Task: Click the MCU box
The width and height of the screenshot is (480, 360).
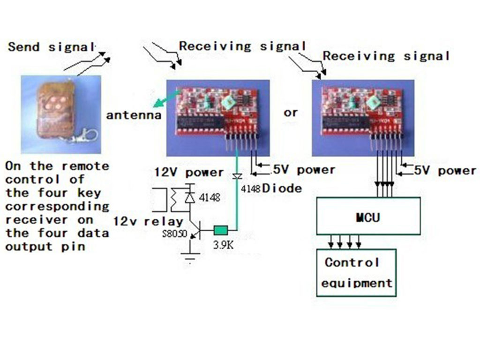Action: (368, 216)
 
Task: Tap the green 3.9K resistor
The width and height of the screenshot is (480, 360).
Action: (221, 230)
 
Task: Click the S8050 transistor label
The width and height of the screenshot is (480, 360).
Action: (174, 234)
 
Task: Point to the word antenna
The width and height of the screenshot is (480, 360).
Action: (134, 115)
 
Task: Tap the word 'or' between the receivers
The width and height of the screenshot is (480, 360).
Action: (291, 112)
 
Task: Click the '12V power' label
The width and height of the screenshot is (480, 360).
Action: (189, 172)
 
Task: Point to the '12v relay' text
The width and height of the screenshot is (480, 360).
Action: (149, 221)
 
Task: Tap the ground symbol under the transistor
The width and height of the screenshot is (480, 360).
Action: (190, 256)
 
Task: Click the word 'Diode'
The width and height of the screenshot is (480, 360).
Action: (282, 188)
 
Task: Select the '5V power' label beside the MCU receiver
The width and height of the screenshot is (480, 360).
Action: (445, 171)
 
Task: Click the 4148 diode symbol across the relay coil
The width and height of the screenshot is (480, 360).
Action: (190, 197)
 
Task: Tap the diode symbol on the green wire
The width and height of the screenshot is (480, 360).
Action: (237, 177)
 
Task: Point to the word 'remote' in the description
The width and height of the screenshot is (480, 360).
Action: (85, 166)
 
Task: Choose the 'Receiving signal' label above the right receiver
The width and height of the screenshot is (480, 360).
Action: (386, 56)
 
